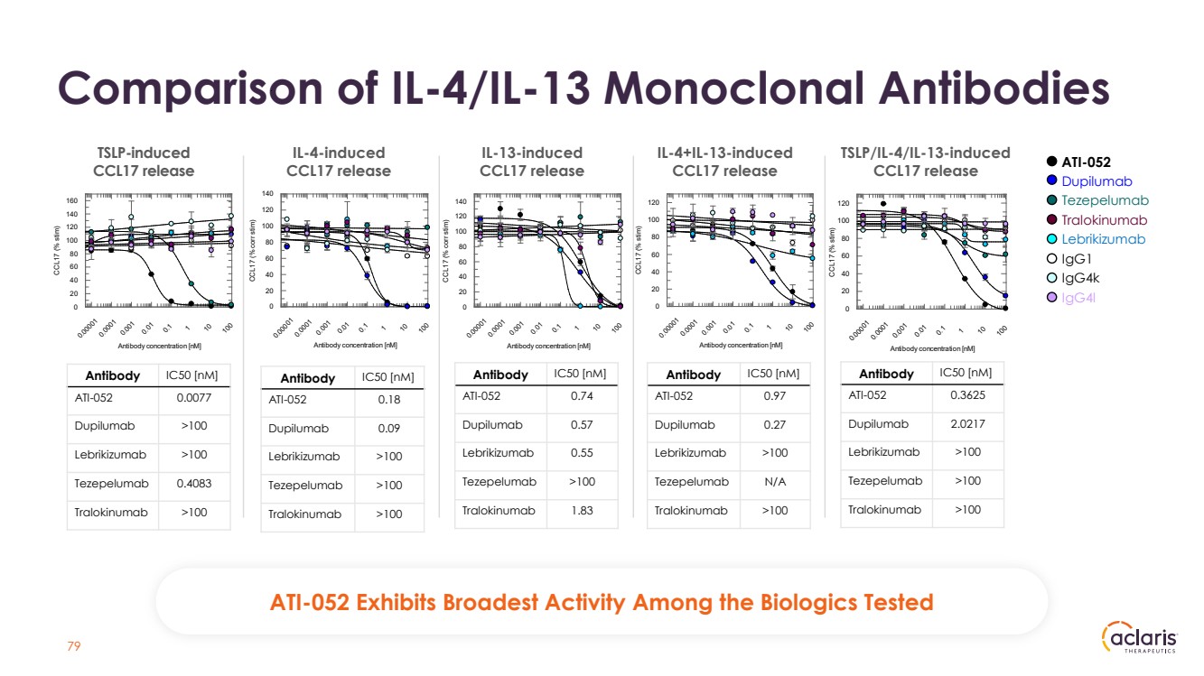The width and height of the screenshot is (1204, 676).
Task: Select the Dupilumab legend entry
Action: click(1096, 181)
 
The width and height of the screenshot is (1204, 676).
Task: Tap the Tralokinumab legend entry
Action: click(1103, 220)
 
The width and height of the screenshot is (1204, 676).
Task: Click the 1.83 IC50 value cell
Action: click(582, 510)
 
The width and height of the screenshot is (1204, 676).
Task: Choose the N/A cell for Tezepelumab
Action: click(775, 482)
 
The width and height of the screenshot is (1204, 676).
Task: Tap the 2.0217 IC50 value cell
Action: click(968, 424)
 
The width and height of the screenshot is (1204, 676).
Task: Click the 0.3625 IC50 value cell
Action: click(968, 394)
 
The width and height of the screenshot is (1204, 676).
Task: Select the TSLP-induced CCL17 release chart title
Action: click(144, 162)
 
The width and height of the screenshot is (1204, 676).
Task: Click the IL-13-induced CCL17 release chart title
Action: click(531, 162)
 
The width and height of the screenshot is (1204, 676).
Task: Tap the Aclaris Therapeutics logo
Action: click(1140, 638)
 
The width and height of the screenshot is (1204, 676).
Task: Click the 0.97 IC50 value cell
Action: click(775, 396)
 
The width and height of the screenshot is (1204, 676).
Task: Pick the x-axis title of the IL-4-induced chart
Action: click(350, 344)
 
